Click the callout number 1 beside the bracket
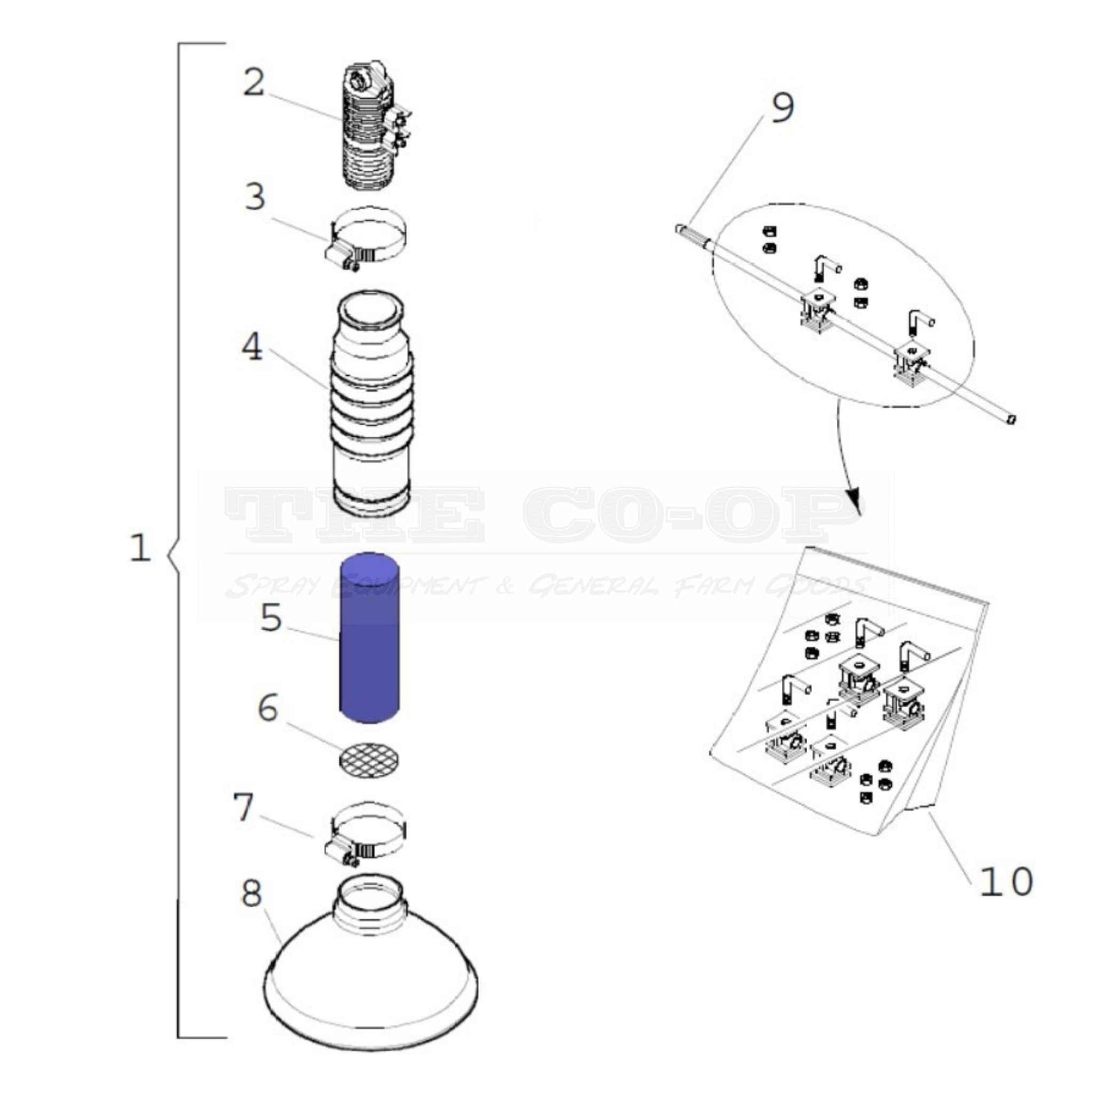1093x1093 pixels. coord(140,548)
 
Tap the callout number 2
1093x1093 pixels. coord(253,83)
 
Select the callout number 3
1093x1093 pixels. coord(255,197)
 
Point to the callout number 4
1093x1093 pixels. coord(252,348)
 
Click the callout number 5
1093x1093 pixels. coord(270,618)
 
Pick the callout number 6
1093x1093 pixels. coord(268,708)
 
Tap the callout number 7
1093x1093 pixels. coord(243,807)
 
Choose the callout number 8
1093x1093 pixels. coord(252,894)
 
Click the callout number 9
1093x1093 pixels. coord(782,108)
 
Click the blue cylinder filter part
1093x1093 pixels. coord(369,638)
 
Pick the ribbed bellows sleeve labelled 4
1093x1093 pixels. coord(369,402)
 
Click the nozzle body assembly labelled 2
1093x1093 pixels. coord(370,128)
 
